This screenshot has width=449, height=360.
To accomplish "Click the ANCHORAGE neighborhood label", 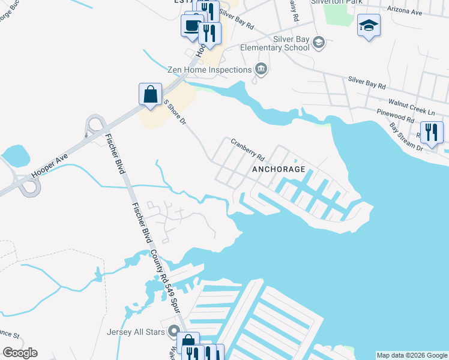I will point(280,169).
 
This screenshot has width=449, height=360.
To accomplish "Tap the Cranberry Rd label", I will point(248,149).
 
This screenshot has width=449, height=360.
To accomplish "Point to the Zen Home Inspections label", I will point(209,70).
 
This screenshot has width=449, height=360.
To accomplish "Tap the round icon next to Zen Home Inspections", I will point(261,70).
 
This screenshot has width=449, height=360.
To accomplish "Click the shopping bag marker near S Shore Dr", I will point(150,94).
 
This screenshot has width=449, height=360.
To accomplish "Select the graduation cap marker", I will point(369,25).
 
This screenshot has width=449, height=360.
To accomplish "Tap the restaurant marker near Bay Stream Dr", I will point(432,132).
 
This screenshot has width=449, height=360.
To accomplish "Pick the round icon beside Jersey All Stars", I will point(175,331).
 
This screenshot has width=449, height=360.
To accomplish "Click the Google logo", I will point(20,353).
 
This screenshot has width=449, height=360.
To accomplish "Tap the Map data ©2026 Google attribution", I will point(412,355).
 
